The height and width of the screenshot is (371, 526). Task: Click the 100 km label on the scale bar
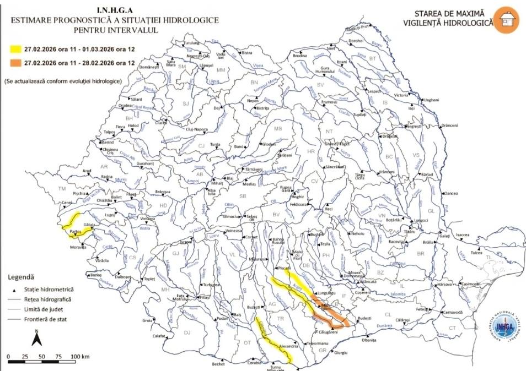pos(80,357)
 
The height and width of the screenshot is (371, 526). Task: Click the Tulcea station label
pos(476,253)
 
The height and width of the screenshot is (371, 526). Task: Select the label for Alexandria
pos(289,346)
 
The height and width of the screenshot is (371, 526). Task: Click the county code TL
pos(488,258)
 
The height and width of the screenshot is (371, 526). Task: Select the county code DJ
pos(187,332)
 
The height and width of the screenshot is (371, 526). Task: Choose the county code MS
pos(278,129)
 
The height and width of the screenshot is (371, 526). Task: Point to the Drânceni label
pos(449,126)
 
